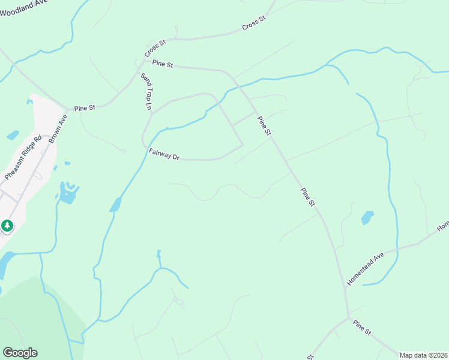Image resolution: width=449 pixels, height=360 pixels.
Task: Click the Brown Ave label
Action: click(58, 128)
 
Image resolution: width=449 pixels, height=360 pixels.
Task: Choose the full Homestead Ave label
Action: click(365, 269)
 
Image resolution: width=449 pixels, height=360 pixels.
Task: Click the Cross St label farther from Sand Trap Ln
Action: click(254, 24)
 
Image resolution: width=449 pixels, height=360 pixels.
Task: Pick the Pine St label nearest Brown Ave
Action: click(85, 108)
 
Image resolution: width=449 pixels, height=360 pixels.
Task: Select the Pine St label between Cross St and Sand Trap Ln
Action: click(162, 63)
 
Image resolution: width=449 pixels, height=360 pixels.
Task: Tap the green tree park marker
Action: click(7, 226)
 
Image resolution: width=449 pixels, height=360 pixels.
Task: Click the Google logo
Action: click(20, 353)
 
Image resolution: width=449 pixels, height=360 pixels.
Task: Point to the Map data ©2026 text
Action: click(423, 355)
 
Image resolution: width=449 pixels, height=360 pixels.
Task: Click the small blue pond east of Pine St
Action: click(367, 217)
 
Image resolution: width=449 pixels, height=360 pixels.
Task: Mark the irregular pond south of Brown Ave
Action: click(68, 193)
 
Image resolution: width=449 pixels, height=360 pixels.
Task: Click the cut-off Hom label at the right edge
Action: click(443, 227)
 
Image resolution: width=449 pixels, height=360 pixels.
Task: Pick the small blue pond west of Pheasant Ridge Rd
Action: click(13, 136)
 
